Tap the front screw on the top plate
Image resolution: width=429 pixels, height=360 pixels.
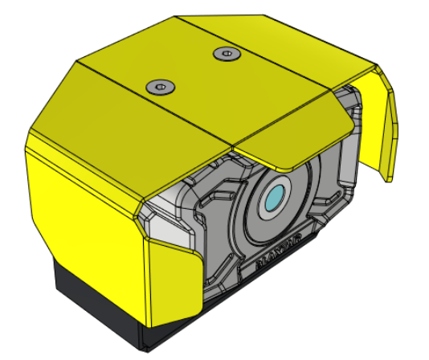click(161, 85)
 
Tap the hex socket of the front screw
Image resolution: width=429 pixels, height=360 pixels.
click(161, 85)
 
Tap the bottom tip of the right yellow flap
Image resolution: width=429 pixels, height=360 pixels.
click(390, 174)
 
